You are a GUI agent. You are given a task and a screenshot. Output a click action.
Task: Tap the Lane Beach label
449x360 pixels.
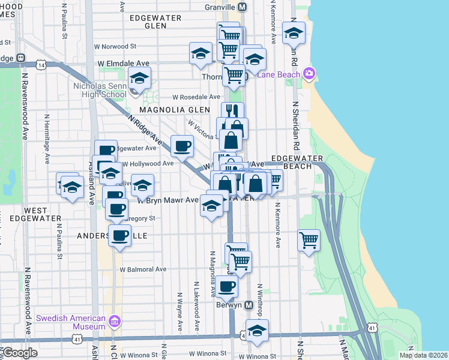279,74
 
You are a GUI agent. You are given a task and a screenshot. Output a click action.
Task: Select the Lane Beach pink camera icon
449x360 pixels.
309,74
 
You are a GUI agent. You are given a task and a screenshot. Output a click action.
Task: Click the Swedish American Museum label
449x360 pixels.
71,322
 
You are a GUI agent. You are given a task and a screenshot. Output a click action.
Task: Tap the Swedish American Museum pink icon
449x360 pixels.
116,322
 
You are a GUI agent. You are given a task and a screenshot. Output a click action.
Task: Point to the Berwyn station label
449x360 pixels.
229,304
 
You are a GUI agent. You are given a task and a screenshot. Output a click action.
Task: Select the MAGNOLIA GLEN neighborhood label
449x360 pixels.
174,110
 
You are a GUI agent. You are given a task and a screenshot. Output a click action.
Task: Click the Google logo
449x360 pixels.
19,353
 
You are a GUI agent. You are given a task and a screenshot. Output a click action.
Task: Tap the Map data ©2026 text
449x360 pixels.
424,355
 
